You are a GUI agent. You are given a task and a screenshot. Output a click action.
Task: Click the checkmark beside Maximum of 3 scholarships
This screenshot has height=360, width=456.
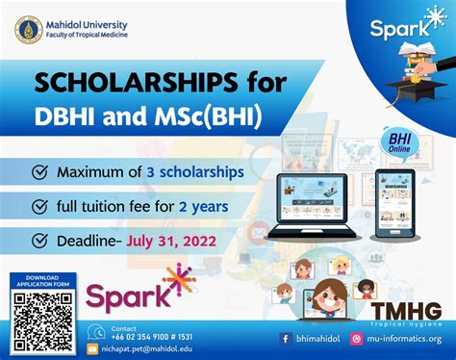pyautogui.click(x=40, y=173)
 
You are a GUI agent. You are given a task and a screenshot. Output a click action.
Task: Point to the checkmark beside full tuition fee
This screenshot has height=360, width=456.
pyautogui.click(x=40, y=205)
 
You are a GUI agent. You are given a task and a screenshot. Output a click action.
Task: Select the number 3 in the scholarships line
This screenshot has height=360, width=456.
pyautogui.click(x=150, y=173)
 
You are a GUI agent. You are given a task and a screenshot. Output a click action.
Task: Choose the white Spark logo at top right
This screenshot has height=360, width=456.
pyautogui.click(x=404, y=27)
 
